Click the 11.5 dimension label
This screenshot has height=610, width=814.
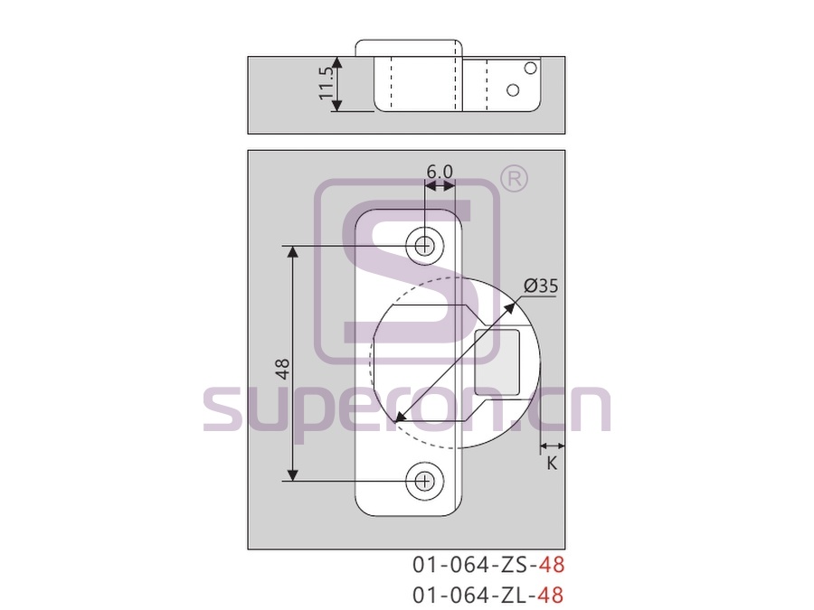click(x=326, y=83)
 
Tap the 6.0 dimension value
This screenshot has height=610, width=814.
click(x=440, y=171)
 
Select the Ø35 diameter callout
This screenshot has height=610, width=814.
click(x=541, y=286)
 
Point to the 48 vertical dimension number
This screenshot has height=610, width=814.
click(x=283, y=369)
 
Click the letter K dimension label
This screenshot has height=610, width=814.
click(x=552, y=464)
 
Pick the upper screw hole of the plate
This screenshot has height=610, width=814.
click(x=425, y=245)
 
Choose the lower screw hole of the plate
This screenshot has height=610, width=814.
click(x=425, y=482)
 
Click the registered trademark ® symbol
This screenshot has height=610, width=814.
click(x=514, y=179)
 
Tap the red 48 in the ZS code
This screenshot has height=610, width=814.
click(x=552, y=564)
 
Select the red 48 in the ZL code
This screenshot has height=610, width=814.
click(x=552, y=595)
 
